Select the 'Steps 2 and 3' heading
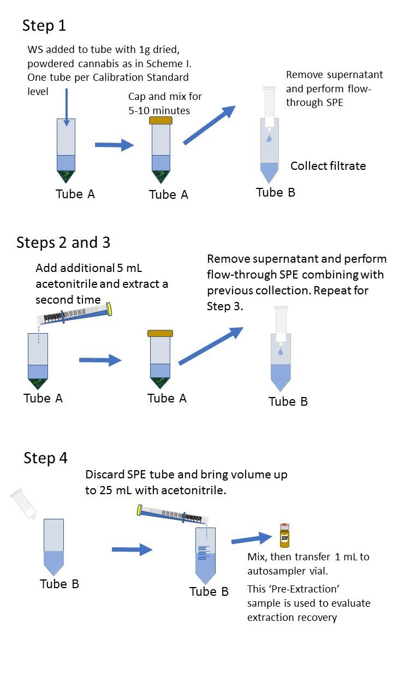63,242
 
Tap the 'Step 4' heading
45,458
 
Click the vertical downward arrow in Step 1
66,106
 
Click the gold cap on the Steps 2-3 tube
160,333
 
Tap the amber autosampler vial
284,536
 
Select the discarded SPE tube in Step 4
23,504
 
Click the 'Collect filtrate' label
328,166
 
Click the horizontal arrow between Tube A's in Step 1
114,145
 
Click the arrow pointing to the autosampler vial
252,539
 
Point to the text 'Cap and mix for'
165,97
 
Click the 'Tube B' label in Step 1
276,192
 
